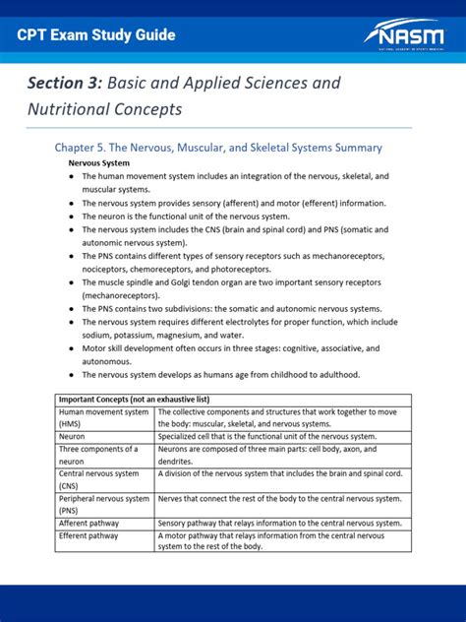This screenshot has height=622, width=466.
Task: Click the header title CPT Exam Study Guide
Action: [x=97, y=35]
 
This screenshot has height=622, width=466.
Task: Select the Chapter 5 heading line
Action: [x=217, y=147]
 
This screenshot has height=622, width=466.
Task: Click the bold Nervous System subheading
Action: [x=98, y=162]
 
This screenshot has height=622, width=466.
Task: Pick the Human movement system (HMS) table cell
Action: [x=103, y=417]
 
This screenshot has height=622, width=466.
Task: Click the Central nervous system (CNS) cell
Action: [x=103, y=479]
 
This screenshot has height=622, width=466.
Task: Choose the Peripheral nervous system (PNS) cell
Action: [x=103, y=504]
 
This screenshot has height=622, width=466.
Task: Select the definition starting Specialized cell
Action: [x=265, y=436]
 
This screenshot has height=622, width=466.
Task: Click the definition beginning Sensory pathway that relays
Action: [x=279, y=523]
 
